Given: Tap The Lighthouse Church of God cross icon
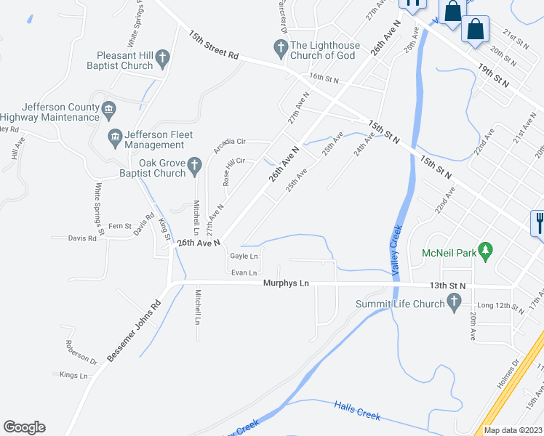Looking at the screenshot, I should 280,49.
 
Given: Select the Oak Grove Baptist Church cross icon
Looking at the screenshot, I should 194,166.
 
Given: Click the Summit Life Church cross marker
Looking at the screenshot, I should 455,301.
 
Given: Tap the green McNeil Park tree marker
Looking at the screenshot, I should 487,253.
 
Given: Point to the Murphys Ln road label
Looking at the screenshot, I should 286,283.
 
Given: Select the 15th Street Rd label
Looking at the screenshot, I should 214,45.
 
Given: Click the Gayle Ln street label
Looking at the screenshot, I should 244,256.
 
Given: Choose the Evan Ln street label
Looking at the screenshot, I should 244,272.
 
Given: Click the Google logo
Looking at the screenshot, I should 24,427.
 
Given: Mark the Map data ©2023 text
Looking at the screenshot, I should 513,430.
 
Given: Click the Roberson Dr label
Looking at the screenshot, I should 81,352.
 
